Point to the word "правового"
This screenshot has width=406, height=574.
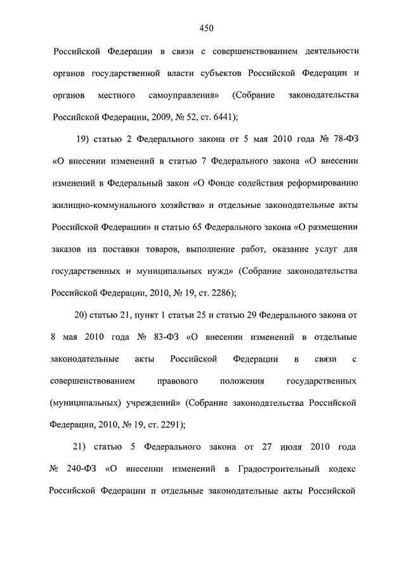tap(177, 381)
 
